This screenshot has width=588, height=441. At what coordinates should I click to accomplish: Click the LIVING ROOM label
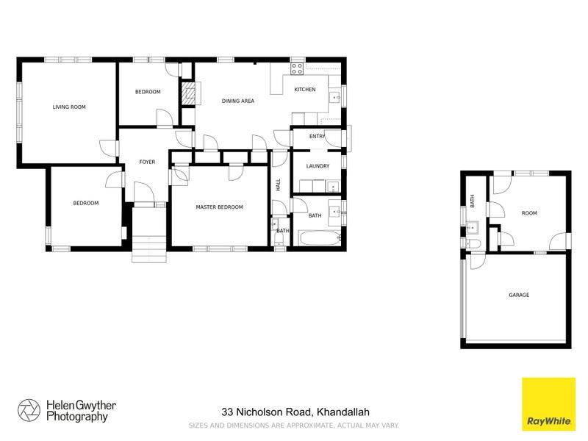point(69,107)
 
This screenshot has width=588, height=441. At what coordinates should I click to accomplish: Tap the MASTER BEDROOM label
point(219,207)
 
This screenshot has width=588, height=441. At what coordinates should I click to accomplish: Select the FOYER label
point(147,162)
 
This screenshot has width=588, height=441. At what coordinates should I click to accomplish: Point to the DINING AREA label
point(238,101)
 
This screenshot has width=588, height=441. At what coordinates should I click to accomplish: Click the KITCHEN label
point(305,90)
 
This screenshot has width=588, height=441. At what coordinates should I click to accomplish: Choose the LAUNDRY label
point(318,166)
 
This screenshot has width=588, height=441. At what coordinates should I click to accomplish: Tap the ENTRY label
point(317,136)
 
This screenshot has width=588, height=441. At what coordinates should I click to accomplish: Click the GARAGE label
point(518,295)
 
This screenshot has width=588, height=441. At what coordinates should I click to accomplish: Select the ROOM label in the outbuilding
point(529,213)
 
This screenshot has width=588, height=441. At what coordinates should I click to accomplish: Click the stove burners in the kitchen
point(297,69)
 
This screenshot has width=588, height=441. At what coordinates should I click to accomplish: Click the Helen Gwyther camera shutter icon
point(29,411)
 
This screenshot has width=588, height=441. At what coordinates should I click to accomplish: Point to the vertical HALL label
point(279,185)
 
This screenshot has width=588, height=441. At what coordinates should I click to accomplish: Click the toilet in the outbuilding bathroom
point(473,244)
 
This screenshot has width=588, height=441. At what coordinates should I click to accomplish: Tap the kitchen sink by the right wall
point(334,96)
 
